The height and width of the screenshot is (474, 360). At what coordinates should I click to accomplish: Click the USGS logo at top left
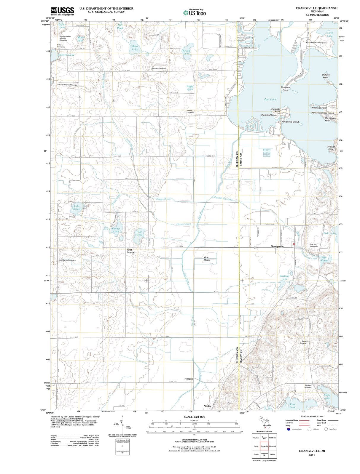coord(62,11)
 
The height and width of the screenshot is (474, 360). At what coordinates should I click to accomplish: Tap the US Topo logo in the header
coord(194,13)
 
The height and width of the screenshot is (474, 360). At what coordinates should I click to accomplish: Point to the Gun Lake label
coord(270,100)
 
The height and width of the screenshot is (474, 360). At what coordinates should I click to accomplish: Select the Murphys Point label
coord(285,89)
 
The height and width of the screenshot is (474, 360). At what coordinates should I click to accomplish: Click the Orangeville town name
coord(277,246)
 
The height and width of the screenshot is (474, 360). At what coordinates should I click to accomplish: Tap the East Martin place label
coord(131,251)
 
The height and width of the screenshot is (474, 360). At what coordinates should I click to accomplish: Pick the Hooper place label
coord(189,379)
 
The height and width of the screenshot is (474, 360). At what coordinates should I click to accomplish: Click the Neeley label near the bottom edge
coord(207,406)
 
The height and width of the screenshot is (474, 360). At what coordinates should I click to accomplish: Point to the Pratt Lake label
coord(140,233)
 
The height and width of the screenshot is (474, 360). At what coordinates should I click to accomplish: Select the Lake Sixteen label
coord(77,207)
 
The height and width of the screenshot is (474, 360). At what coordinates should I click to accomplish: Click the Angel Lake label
coord(190,88)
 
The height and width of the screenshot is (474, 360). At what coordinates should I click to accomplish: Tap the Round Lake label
coord(186,52)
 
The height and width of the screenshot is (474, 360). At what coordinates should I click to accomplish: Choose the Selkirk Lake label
coord(66,55)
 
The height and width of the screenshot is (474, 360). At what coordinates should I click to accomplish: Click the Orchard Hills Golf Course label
coord(67,85)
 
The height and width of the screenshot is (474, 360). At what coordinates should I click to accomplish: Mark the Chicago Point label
coord(331,148)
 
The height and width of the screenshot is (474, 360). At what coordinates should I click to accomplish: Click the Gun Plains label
coord(207,259)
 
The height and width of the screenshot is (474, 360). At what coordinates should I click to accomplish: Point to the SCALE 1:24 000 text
coord(194,417)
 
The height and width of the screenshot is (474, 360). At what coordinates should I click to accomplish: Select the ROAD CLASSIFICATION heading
coord(311,417)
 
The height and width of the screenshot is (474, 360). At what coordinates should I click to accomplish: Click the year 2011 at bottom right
coord(311,455)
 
